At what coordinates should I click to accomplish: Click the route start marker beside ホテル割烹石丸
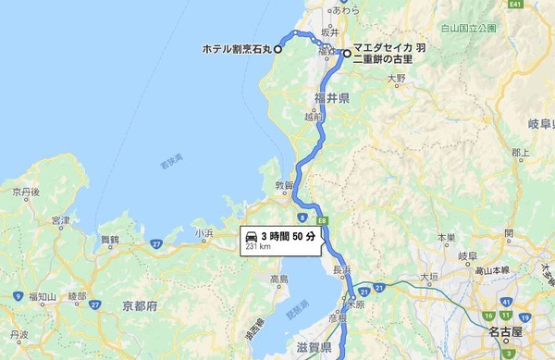click(x=277, y=49)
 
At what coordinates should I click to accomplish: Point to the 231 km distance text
click(x=257, y=247)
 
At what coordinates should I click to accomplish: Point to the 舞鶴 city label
click(x=109, y=240)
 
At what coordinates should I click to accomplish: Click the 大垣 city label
click(x=429, y=277)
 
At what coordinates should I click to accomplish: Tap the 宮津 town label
click(x=61, y=221)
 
